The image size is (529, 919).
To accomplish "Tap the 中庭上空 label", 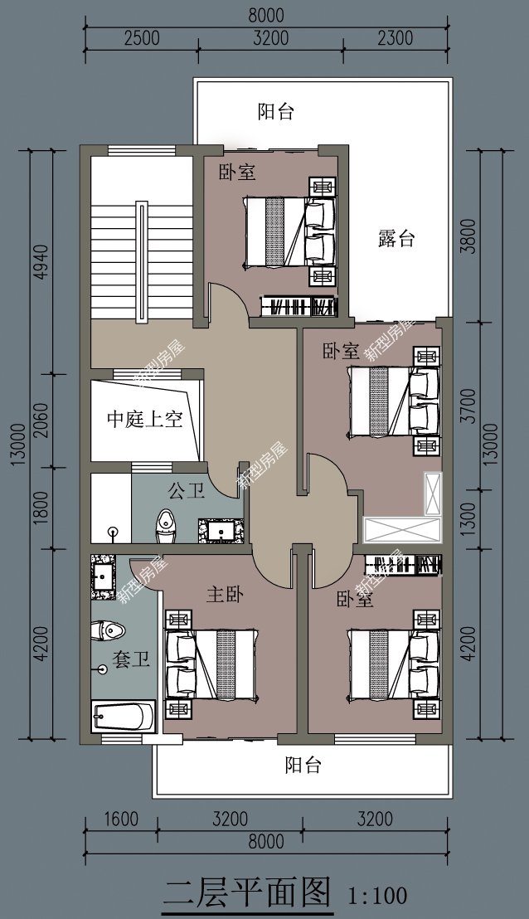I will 144,420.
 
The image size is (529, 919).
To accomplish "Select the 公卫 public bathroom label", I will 187,491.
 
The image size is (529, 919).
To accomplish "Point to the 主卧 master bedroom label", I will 224,595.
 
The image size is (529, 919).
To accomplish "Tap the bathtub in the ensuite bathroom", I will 124,716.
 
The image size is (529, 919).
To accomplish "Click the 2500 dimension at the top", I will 140,37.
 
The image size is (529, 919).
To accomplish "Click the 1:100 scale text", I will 377,895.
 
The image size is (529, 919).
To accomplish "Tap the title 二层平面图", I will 247,892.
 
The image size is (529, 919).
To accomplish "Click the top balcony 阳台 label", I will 276,112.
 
